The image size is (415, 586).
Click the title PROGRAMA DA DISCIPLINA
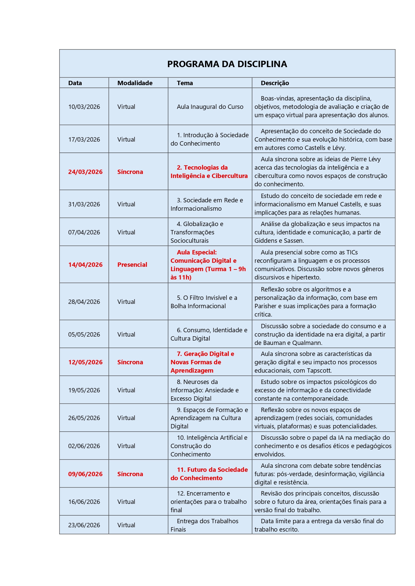click(227, 64)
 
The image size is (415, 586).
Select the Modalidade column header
click(135, 83)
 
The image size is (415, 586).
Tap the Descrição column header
click(275, 83)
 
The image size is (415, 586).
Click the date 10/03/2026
click(84, 107)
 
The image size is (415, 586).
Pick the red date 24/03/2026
click(85, 172)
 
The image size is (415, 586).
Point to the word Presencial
click(132, 265)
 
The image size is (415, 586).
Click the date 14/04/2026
click(85, 265)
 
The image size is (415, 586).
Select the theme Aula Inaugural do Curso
click(210, 107)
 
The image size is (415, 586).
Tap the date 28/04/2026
click(84, 302)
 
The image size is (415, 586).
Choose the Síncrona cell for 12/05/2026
click(130, 362)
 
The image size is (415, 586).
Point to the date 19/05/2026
click(84, 390)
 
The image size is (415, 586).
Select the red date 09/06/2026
click(85, 474)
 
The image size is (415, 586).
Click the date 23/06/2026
click(84, 525)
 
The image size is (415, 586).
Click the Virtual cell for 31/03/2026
click(126, 204)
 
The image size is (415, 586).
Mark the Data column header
click(75, 83)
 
